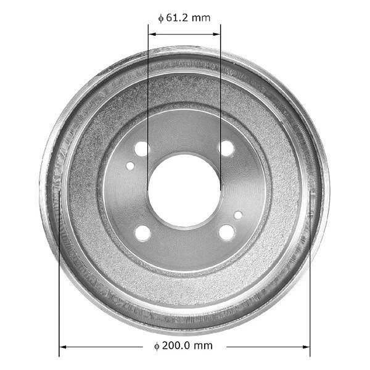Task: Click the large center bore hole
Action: [x=184, y=190]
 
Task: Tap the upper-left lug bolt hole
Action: [x=142, y=148]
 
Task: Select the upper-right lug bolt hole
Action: [x=226, y=148]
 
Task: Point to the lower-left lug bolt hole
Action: [x=142, y=232]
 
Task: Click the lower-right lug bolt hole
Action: [x=226, y=232]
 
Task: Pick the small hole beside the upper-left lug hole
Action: [x=130, y=165]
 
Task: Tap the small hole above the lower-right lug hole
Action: [x=238, y=215]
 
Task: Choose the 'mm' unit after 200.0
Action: [x=203, y=346]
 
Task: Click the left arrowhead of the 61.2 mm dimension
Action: [x=151, y=34]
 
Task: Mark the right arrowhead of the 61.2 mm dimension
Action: [x=217, y=34]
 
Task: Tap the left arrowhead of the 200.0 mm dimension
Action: [x=63, y=347]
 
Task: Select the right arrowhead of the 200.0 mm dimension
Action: [x=306, y=347]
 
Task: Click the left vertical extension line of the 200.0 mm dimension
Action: [x=59, y=277]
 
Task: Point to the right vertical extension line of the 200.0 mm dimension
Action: [x=310, y=277]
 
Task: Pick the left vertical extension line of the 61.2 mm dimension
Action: [x=148, y=92]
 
